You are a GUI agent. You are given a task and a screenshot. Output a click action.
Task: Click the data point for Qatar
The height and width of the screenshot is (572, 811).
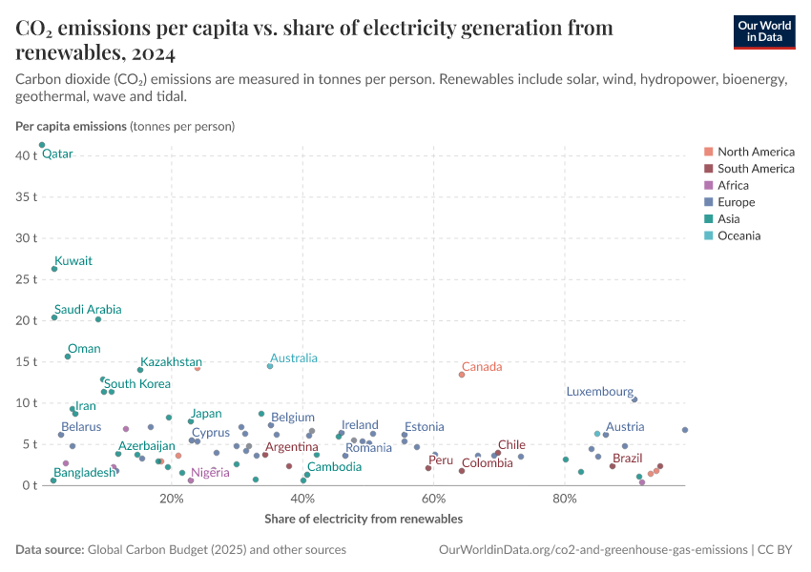pos(42,145)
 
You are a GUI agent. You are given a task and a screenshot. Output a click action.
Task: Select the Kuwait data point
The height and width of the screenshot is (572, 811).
pos(54,269)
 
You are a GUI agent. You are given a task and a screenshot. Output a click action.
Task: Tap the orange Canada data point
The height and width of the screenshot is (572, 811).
pos(462,375)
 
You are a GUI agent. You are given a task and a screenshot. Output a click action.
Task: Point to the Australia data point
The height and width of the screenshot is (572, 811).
pos(270,366)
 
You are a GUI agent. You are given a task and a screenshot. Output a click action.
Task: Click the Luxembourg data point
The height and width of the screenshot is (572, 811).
pos(634,399)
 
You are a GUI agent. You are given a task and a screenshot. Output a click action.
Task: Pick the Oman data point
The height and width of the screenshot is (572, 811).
pos(68,357)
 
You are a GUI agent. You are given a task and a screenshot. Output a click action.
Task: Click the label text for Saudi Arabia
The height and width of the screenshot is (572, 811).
pos(88,309)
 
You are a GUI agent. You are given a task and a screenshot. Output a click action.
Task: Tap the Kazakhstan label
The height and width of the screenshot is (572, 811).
pos(171,361)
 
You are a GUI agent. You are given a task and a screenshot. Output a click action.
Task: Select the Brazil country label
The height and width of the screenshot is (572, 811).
pos(627,459)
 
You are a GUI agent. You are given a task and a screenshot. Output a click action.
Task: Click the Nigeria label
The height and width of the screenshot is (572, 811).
pos(210,472)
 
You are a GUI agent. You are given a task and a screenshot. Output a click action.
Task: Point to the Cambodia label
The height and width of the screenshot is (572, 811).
pos(334,466)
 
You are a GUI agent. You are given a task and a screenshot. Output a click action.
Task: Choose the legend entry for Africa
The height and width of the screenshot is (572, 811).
pos(733,186)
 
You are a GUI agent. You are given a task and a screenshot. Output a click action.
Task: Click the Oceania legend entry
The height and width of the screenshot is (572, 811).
pos(738,235)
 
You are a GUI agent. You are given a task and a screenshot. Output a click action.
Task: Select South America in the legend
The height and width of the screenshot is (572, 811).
pos(755,169)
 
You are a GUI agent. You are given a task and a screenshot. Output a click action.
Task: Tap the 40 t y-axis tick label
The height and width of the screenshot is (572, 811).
pos(26,155)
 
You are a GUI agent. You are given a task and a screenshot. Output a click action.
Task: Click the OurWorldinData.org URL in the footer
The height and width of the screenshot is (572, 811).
pos(592,550)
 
